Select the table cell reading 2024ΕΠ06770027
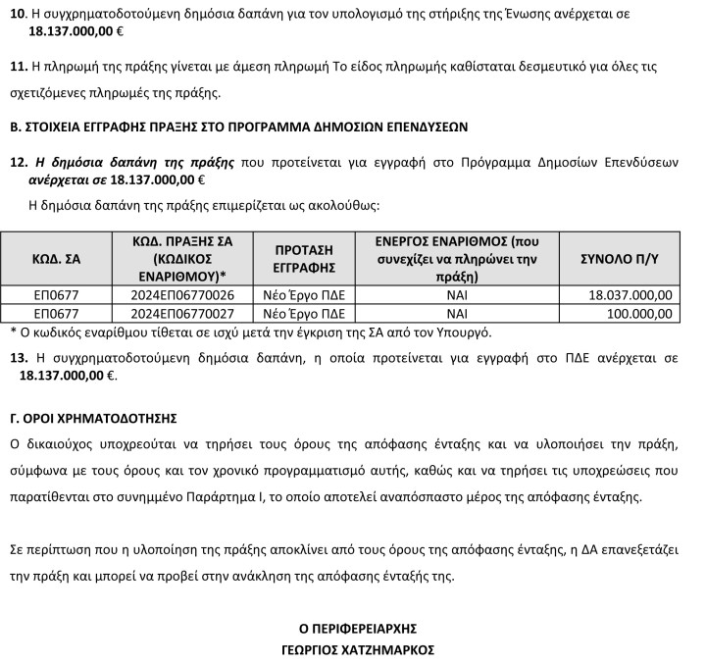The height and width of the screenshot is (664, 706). click(182, 314)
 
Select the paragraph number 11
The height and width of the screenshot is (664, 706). click(16, 67)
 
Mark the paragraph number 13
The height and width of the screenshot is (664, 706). click(16, 358)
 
